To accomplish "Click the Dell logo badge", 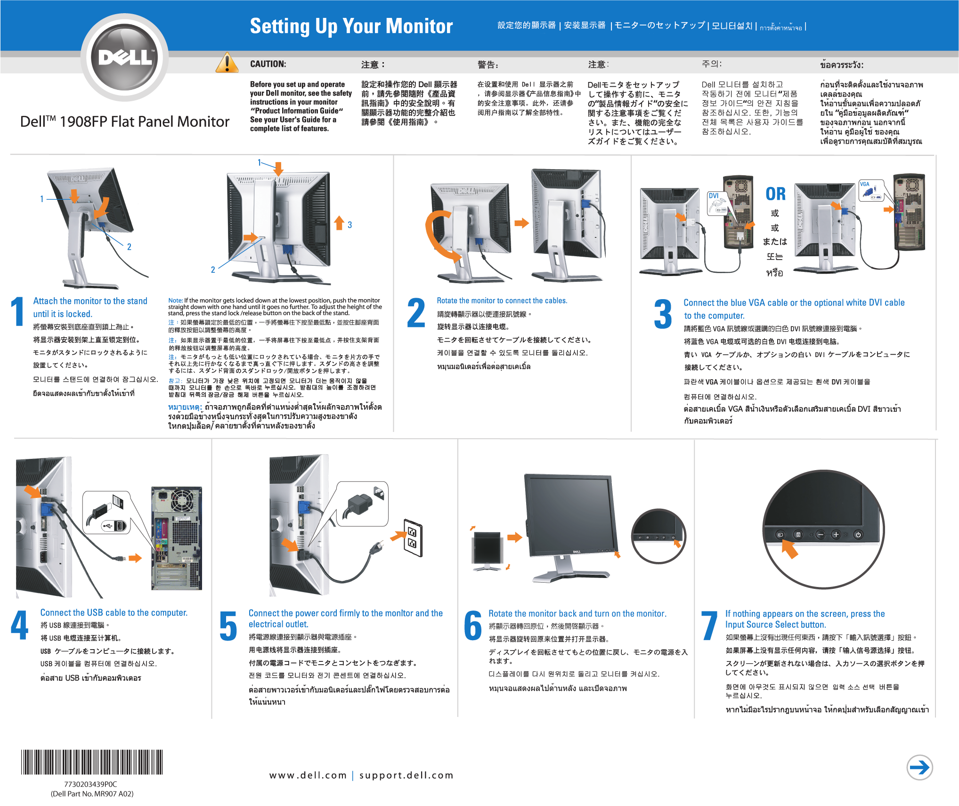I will click(x=125, y=57).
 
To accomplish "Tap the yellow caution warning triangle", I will click(x=227, y=64).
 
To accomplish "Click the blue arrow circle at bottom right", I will click(x=919, y=767).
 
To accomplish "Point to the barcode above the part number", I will click(x=92, y=762).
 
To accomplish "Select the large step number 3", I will click(x=663, y=314).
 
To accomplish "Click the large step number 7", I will click(x=709, y=626).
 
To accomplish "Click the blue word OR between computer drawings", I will click(x=775, y=194).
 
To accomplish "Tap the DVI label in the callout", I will click(x=714, y=195).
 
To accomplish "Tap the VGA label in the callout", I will click(x=864, y=184).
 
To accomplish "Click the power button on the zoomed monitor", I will click(x=858, y=535).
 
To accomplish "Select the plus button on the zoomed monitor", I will click(x=836, y=534).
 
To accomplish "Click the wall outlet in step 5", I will click(x=413, y=537).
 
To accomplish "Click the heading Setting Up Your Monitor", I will click(x=351, y=26).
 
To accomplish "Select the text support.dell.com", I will click(x=406, y=775).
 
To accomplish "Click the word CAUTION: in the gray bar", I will click(x=268, y=64).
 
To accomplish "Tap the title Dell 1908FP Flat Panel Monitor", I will click(x=125, y=122).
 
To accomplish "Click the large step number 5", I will click(x=228, y=626).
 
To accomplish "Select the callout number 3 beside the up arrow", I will click(x=349, y=225).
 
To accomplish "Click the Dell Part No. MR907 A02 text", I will click(x=92, y=794).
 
